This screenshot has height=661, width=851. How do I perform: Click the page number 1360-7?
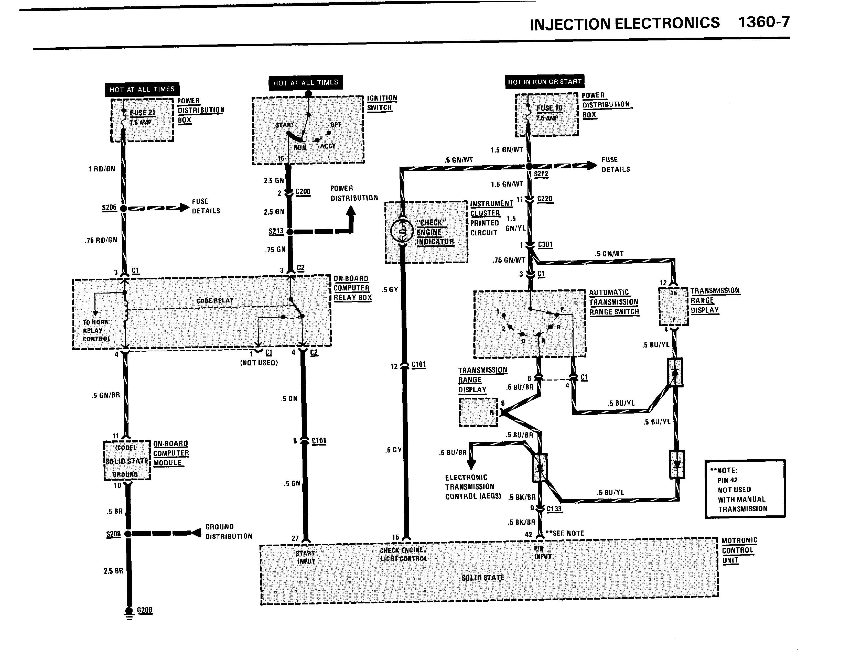pyautogui.click(x=764, y=22)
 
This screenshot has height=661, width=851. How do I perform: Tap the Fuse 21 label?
pyautogui.click(x=142, y=113)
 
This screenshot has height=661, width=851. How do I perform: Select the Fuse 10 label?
pyautogui.click(x=550, y=108)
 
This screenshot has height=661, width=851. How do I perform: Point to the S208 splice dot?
pyautogui.click(x=128, y=534)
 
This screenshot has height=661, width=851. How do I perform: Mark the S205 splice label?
pyautogui.click(x=109, y=208)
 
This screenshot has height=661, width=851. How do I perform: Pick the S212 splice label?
pyautogui.click(x=541, y=174)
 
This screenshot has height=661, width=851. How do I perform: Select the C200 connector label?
pyautogui.click(x=303, y=192)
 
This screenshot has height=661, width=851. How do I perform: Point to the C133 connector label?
pyautogui.click(x=554, y=509)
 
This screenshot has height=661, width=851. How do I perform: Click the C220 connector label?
pyautogui.click(x=545, y=199)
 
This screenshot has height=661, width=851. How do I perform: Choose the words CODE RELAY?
pyautogui.click(x=215, y=301)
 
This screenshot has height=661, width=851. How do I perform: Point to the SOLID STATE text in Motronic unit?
pyautogui.click(x=483, y=578)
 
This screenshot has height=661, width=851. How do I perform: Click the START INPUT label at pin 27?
pyautogui.click(x=306, y=557)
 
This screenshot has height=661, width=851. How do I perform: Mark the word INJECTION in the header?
pyautogui.click(x=570, y=24)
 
